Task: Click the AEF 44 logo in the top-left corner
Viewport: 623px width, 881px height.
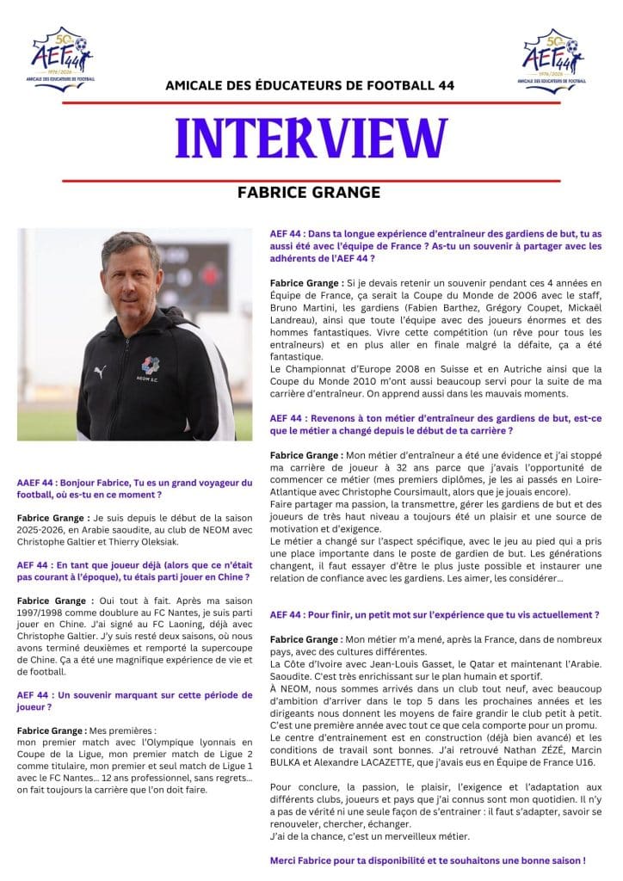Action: click(x=61, y=56)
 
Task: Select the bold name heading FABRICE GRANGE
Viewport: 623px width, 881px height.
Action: click(x=311, y=192)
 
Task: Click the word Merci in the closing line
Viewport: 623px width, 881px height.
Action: click(x=286, y=859)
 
